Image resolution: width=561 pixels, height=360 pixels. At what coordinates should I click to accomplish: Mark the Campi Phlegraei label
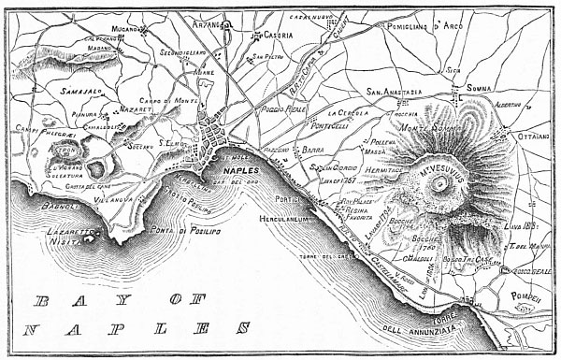pyautogui.click(x=34, y=138)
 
